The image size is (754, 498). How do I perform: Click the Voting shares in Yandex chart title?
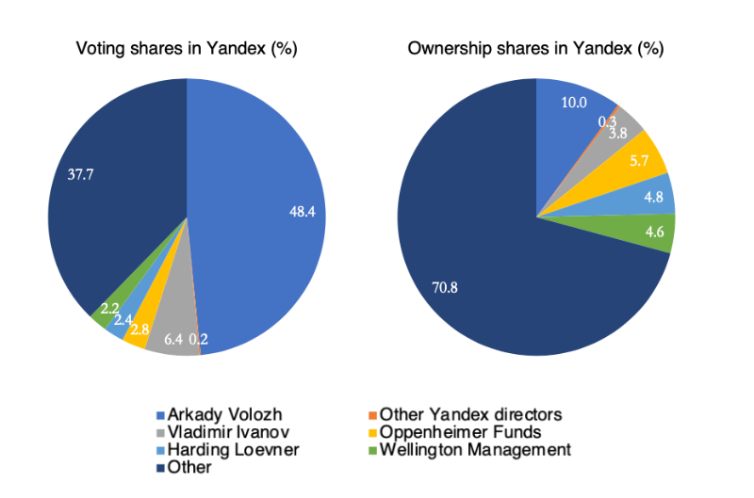click(x=187, y=48)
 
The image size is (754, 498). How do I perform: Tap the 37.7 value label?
click(x=81, y=173)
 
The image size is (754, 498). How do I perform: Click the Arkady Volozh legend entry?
click(x=223, y=415)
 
